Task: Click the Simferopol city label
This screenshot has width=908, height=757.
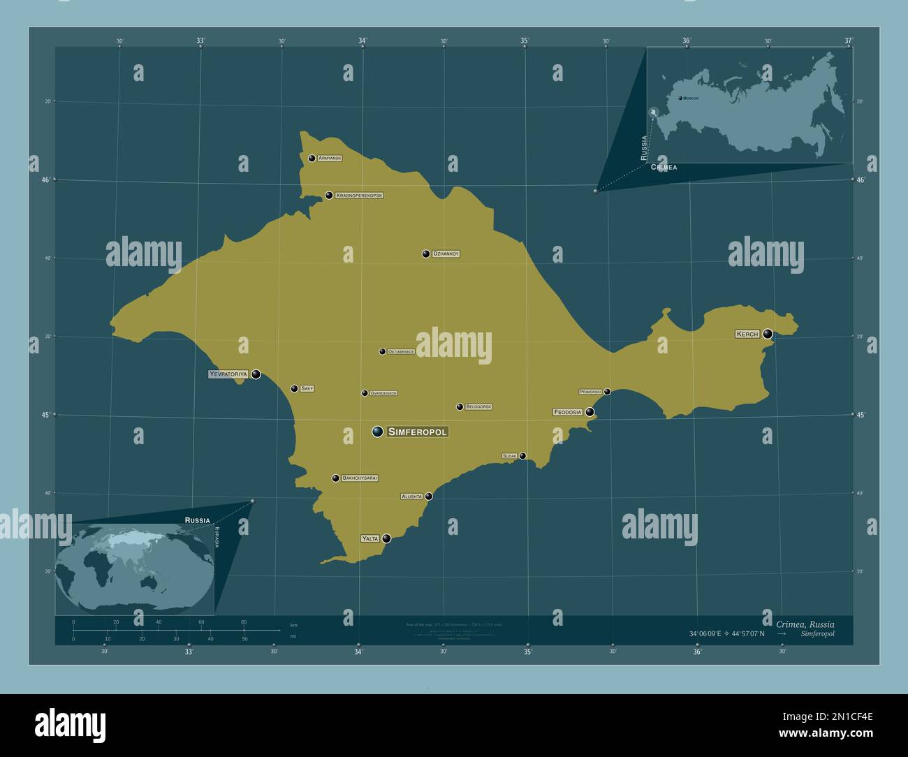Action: tap(417, 432)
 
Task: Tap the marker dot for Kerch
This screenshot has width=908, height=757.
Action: tap(768, 334)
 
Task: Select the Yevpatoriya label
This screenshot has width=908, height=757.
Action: tap(228, 374)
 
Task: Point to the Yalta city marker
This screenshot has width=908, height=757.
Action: tap(386, 538)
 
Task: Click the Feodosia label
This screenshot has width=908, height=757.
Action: tap(567, 412)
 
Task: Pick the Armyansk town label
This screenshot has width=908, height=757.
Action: tap(330, 159)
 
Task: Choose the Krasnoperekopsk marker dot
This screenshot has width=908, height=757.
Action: tap(329, 196)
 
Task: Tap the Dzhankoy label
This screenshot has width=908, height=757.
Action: tap(446, 254)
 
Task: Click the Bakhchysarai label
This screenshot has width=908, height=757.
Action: tap(360, 478)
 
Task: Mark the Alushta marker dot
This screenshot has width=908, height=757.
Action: tap(429, 497)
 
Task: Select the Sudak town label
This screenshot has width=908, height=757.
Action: tap(509, 456)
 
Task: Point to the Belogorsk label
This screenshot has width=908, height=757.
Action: tap(478, 406)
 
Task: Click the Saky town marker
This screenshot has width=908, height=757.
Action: tap(294, 388)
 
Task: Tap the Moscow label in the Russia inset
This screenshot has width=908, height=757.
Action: tap(691, 98)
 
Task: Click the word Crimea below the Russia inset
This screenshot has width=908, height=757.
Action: tap(664, 168)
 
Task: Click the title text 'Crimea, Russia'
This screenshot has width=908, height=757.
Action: tap(805, 624)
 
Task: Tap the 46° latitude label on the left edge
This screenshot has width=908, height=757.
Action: tap(45, 179)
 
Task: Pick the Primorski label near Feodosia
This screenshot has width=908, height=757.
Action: tap(590, 392)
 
